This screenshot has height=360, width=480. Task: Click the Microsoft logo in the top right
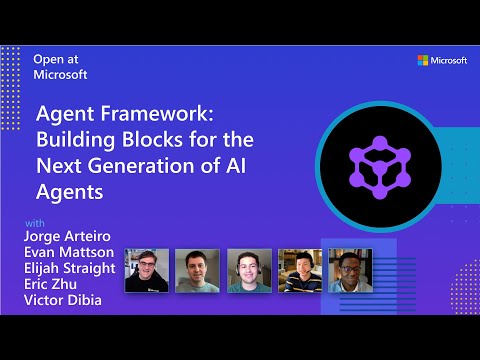pos(441,60)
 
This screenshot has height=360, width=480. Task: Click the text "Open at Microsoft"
pos(62,66)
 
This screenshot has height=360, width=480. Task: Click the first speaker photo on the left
pos(146,270)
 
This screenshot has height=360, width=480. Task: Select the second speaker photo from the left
pos(197,270)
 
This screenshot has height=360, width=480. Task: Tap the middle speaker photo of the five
pos(248,270)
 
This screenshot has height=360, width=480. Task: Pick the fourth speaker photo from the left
pos(299,270)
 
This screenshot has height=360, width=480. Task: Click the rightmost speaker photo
pos(350,270)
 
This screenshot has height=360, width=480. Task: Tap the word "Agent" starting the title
pos(67,115)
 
